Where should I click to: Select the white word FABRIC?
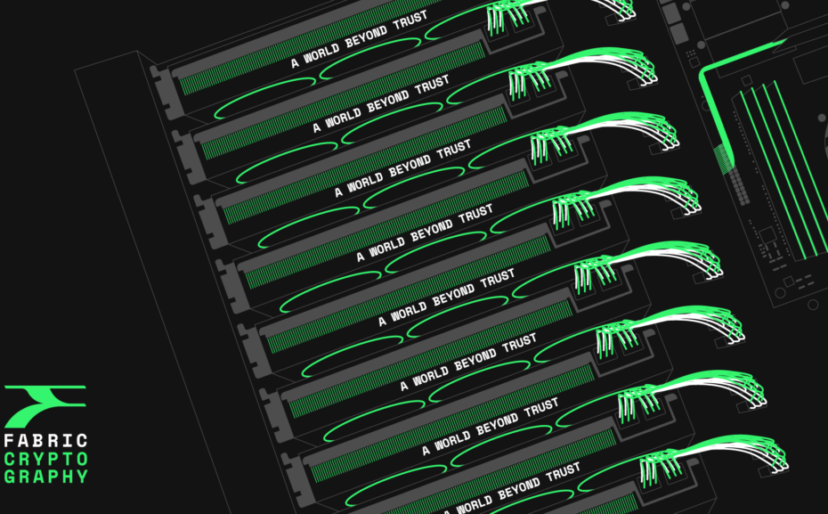46,441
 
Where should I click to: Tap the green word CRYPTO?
46,459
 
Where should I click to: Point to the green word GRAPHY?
46,477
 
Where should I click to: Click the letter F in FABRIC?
10,441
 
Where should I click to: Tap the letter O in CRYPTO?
83,459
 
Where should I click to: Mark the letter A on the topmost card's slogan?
295,63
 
